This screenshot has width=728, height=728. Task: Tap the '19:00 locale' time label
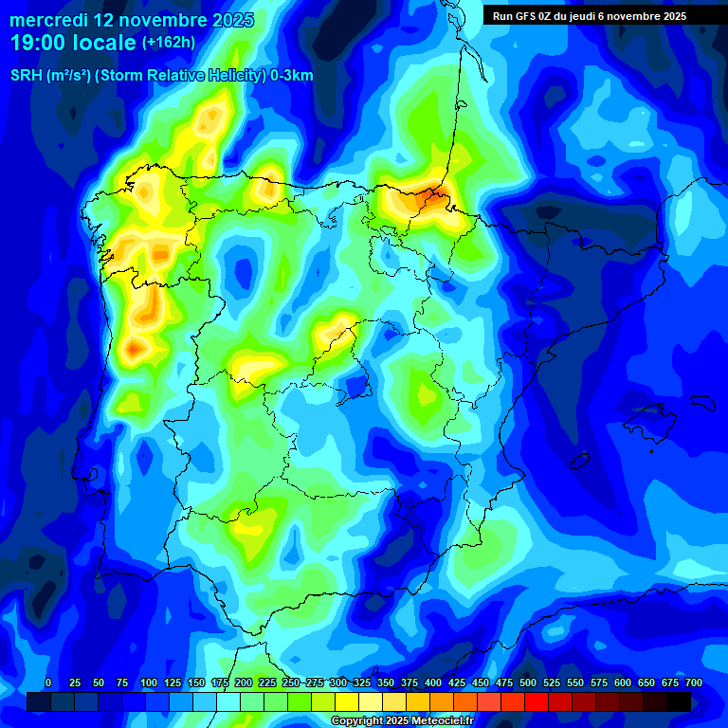(73, 43)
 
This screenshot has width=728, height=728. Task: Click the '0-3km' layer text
(290, 76)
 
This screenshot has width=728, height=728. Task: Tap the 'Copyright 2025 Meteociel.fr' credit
(402, 721)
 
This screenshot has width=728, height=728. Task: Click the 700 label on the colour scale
(693, 683)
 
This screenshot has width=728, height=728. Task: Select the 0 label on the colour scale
(48, 683)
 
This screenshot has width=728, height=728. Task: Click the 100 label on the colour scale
(149, 683)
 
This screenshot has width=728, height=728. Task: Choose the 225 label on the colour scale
(267, 683)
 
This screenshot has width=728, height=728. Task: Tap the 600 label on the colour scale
(623, 683)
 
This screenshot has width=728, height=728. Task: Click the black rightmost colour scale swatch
(679, 701)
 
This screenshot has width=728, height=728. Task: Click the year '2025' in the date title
(227, 20)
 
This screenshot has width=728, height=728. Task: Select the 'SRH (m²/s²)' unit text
(48, 76)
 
